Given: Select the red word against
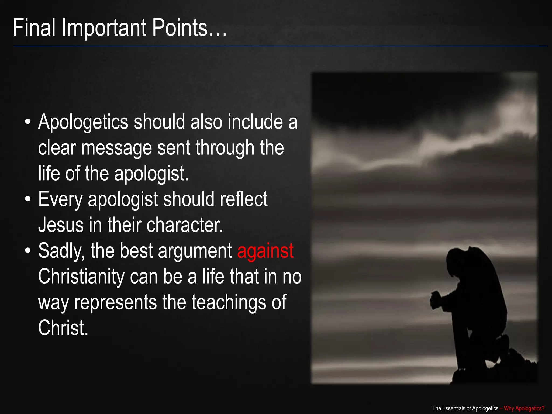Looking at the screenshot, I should pyautogui.click(x=265, y=251).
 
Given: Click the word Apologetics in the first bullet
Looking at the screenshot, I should pyautogui.click(x=83, y=122).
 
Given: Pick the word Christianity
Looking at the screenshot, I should pyautogui.click(x=81, y=277).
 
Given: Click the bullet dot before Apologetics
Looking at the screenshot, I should pyautogui.click(x=27, y=122).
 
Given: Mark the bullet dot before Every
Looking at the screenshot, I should pyautogui.click(x=27, y=200).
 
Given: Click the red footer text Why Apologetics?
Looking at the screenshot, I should pyautogui.click(x=524, y=408).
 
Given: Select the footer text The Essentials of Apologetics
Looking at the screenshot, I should pyautogui.click(x=465, y=408).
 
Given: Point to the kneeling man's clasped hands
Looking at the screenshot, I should pyautogui.click(x=436, y=299).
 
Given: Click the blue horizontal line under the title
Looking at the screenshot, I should pyautogui.click(x=280, y=46).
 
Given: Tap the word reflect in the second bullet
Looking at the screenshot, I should pyautogui.click(x=244, y=199).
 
